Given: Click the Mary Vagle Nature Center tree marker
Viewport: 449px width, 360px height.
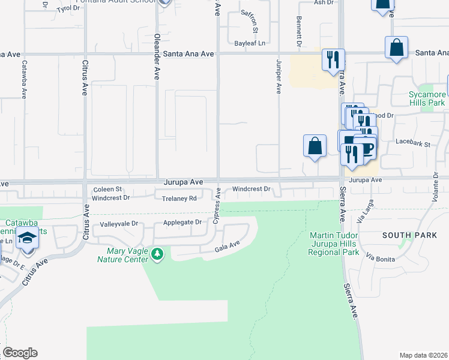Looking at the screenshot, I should click(x=157, y=254).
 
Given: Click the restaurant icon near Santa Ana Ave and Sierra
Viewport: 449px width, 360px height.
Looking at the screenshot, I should click(x=333, y=60).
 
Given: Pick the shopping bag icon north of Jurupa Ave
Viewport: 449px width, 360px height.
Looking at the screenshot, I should click(x=315, y=146).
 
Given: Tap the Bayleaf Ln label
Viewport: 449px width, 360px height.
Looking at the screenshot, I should click(x=250, y=43).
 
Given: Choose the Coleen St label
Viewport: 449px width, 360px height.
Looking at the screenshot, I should click(x=107, y=189).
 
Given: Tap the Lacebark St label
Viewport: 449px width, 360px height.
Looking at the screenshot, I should click(x=414, y=144).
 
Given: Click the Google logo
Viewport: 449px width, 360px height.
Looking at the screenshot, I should click(x=20, y=353).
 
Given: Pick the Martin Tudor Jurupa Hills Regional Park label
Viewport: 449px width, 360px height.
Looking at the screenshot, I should click(x=333, y=244).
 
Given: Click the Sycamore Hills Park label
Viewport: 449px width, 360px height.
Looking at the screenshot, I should click(x=427, y=98).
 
